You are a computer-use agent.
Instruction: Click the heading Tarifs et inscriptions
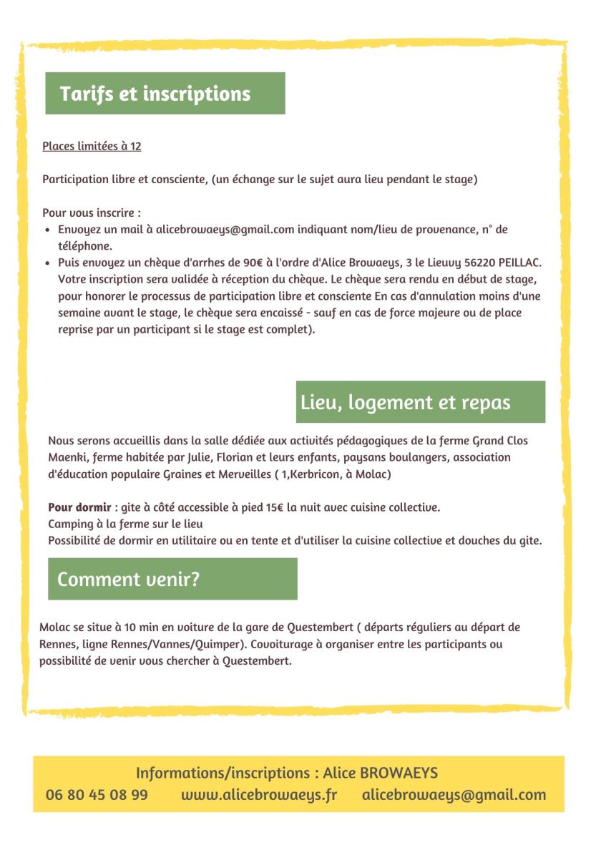pyautogui.click(x=155, y=94)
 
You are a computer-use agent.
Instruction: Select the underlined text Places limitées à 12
pyautogui.click(x=92, y=147)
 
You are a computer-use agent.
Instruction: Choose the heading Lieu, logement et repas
pyautogui.click(x=405, y=402)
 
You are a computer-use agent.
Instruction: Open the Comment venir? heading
pyautogui.click(x=129, y=580)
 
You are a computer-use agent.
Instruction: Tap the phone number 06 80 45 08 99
pyautogui.click(x=97, y=795)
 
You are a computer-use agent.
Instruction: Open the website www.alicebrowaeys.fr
pyautogui.click(x=259, y=795)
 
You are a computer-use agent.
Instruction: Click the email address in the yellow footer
pyautogui.click(x=454, y=795)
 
